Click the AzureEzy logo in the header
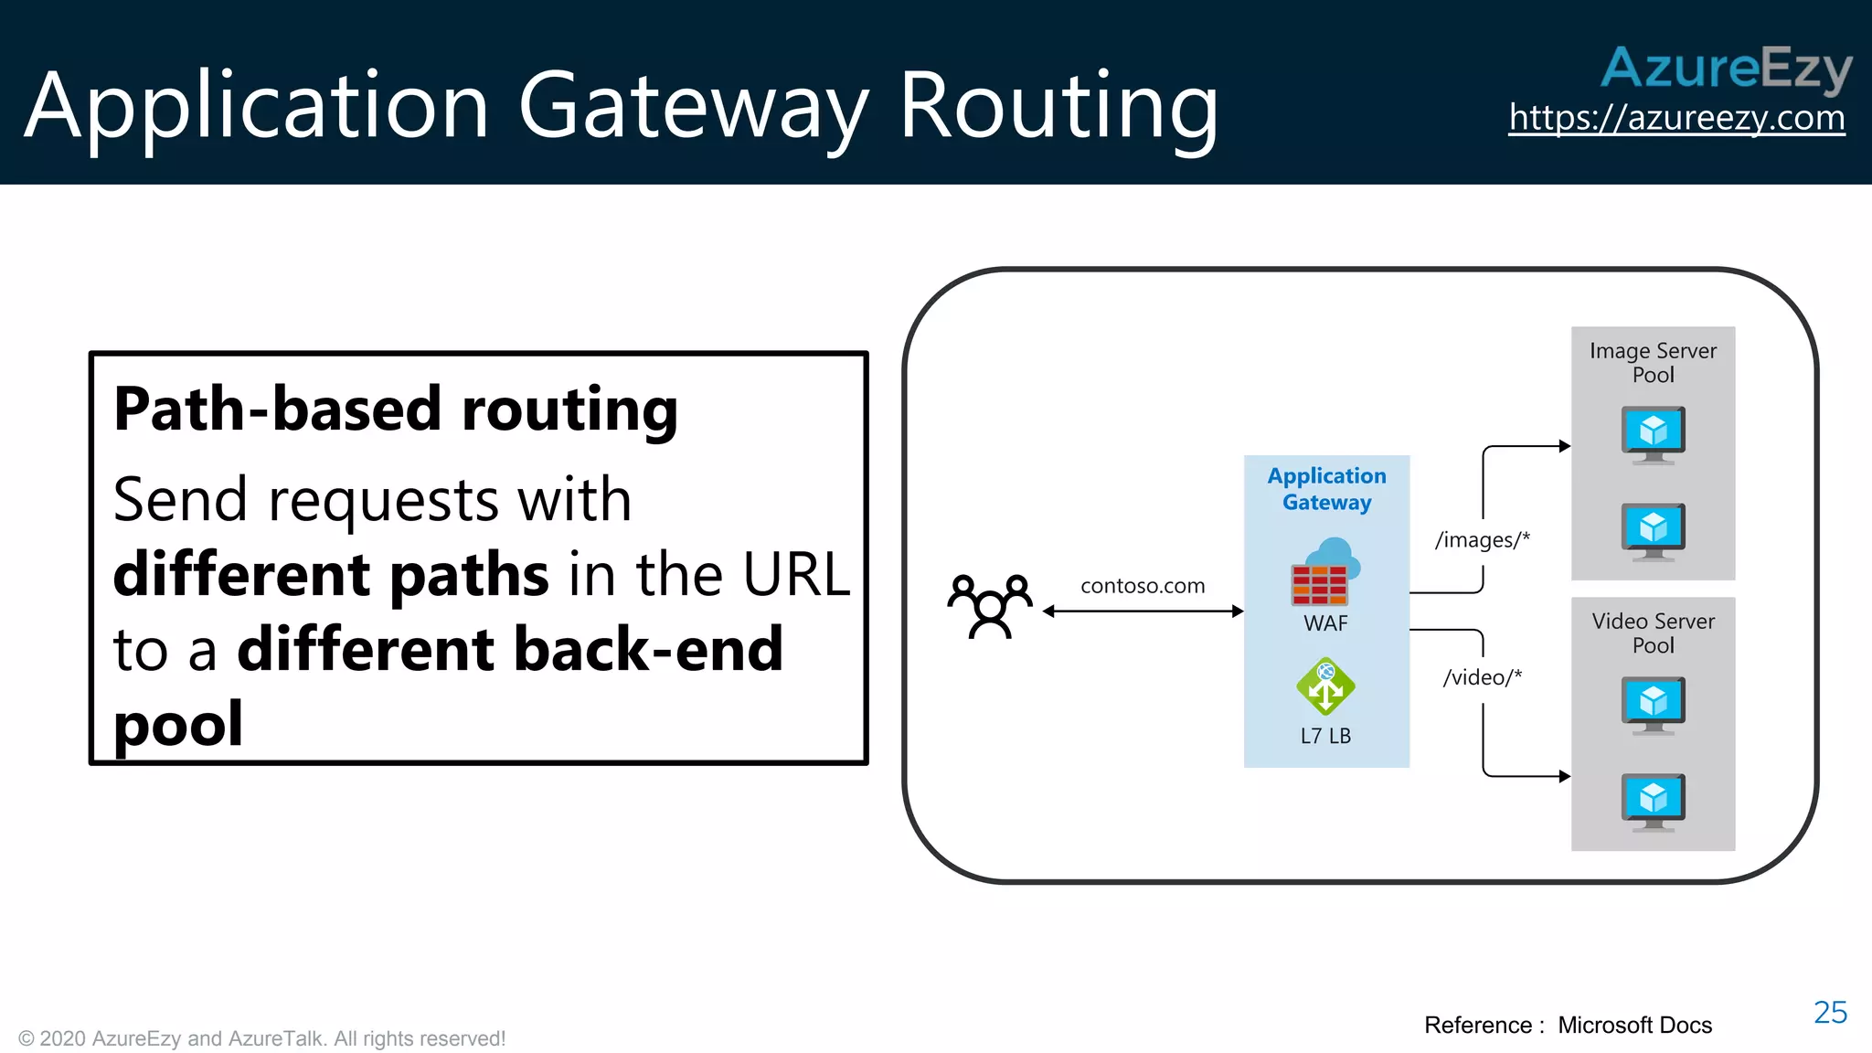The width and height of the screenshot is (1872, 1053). (x=1726, y=69)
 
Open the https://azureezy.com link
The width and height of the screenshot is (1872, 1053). (x=1676, y=118)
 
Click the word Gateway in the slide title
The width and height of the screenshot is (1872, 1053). (x=693, y=107)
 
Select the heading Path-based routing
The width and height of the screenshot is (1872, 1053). (x=395, y=409)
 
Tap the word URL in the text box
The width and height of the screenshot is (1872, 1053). (x=795, y=574)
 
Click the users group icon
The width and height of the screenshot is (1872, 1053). (x=990, y=606)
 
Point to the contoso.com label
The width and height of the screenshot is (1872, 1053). (x=1143, y=586)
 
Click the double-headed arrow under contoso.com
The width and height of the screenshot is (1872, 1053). (x=1143, y=612)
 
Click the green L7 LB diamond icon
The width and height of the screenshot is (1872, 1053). (x=1325, y=686)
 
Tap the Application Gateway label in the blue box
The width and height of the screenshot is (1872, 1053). (x=1326, y=489)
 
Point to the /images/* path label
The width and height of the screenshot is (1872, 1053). (x=1482, y=540)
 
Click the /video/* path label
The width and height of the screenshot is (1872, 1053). (x=1482, y=677)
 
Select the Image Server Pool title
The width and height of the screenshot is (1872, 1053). (x=1653, y=363)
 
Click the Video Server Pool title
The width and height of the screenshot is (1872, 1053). (x=1653, y=633)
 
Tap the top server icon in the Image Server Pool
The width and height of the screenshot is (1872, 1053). (x=1653, y=434)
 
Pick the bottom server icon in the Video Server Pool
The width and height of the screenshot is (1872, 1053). (x=1653, y=802)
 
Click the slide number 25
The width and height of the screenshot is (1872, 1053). (x=1830, y=1013)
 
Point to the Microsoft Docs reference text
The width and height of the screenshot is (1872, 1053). (x=1634, y=1026)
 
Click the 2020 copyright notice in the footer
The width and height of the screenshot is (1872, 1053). (x=261, y=1038)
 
